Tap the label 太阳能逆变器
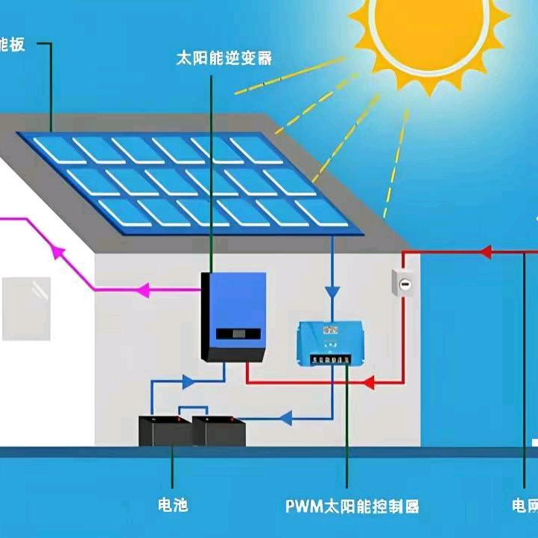223,58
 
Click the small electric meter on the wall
402,284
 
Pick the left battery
165,431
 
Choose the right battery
219,431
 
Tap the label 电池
173,506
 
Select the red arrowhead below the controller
366,383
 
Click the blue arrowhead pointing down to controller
332,291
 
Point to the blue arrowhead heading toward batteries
285,419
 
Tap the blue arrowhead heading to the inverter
188,382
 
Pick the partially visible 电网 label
524,507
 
